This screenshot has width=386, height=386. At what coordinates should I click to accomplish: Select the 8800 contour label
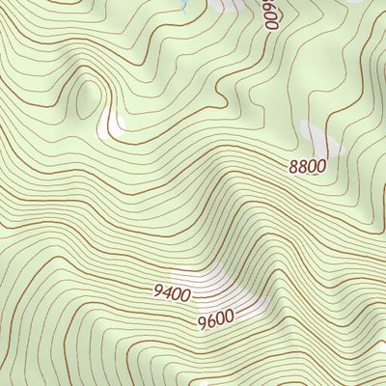click(x=307, y=166)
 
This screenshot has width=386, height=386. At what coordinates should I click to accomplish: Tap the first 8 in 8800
click(x=293, y=166)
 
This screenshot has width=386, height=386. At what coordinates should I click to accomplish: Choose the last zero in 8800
click(x=320, y=166)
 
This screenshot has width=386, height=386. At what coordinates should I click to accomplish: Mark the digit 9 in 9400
click(x=157, y=292)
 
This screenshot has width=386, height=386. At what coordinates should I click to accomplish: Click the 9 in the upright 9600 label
click(x=200, y=319)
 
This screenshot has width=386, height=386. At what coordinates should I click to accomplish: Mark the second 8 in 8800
click(x=302, y=166)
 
